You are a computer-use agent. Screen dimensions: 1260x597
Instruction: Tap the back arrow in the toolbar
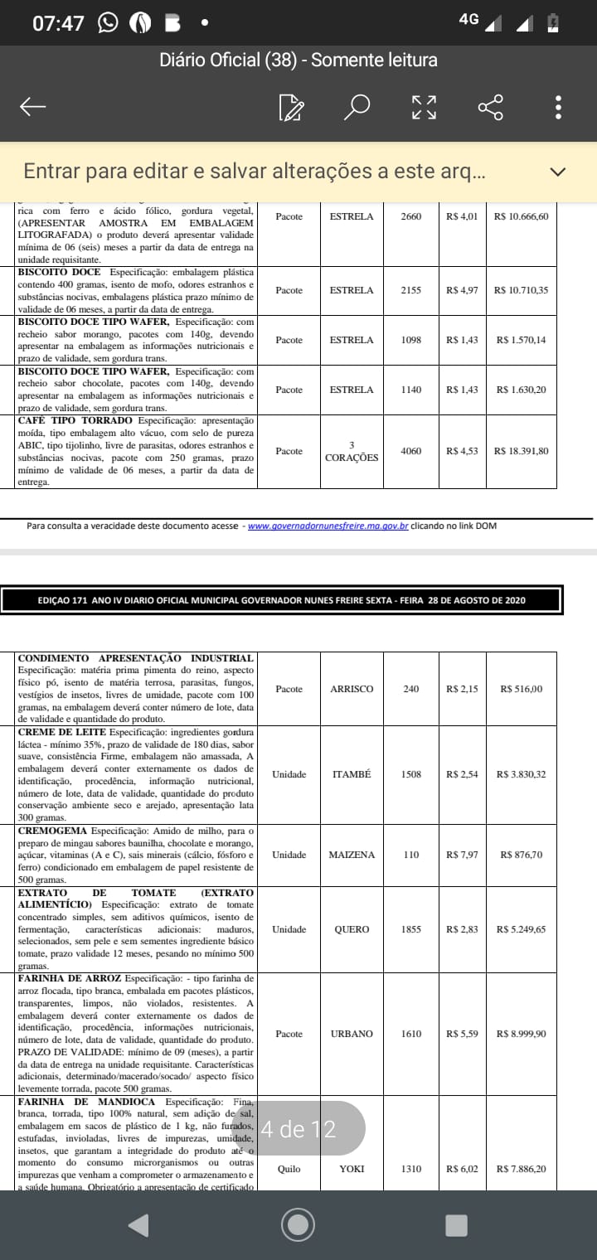[x=32, y=107]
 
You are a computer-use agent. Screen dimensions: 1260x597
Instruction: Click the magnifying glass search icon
[x=357, y=107]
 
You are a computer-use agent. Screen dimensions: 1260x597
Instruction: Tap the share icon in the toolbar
[x=490, y=107]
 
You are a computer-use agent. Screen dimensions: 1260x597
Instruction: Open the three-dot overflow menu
[x=559, y=107]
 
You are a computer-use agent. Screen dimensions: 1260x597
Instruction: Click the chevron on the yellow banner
[x=558, y=172]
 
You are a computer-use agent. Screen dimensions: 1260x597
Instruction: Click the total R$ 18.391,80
[x=521, y=451]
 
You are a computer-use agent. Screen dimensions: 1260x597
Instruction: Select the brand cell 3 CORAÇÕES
[x=352, y=452]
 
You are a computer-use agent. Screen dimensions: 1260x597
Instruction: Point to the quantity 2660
[x=410, y=216]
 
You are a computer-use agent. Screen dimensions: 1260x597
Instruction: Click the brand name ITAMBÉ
[x=352, y=774]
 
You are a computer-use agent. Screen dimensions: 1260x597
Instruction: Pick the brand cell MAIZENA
[x=352, y=855]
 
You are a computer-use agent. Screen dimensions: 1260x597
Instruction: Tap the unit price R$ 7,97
[x=462, y=855]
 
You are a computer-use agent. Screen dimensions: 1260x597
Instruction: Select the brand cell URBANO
[x=352, y=1034]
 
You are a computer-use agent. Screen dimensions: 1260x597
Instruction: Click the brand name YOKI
[x=352, y=1169]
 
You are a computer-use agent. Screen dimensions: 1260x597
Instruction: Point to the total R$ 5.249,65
[x=521, y=929]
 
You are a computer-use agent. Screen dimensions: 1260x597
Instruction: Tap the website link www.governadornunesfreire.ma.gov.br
[x=328, y=526]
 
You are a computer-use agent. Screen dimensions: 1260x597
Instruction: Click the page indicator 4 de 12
[x=298, y=1128]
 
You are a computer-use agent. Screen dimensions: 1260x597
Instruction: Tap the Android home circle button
[x=298, y=1224]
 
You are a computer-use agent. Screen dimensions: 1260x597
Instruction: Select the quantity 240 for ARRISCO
[x=411, y=689]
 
